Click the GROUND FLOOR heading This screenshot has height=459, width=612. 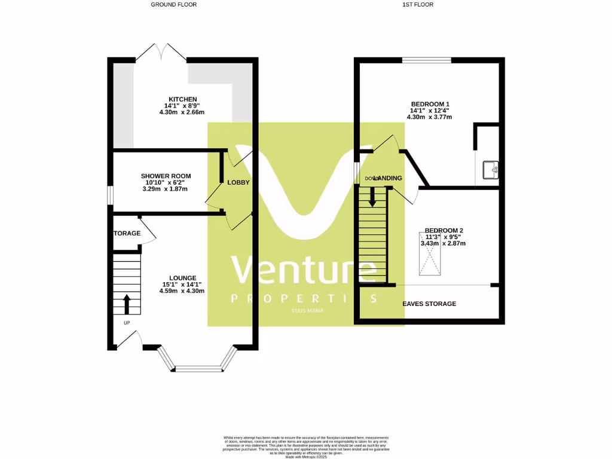[x=173, y=5]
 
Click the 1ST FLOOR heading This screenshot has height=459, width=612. [x=418, y=5]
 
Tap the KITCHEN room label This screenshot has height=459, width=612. [x=182, y=99]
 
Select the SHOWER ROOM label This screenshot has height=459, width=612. [x=166, y=176]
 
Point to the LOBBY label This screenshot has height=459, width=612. [x=238, y=182]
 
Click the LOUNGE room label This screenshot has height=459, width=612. [x=182, y=278]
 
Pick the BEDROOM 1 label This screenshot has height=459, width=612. [x=430, y=104]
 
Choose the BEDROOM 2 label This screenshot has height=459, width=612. [x=443, y=230]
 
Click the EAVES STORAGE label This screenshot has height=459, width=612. [x=429, y=304]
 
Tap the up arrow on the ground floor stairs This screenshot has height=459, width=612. [x=127, y=303]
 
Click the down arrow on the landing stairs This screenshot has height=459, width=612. [x=372, y=197]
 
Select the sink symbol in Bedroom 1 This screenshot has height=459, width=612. [x=491, y=170]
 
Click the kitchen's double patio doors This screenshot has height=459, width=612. [x=161, y=53]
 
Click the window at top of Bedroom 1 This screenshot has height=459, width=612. [x=427, y=60]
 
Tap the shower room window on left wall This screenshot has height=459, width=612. [x=109, y=195]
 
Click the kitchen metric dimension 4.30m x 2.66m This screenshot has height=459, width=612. [x=182, y=112]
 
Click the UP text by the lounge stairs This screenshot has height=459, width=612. [x=127, y=323]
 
